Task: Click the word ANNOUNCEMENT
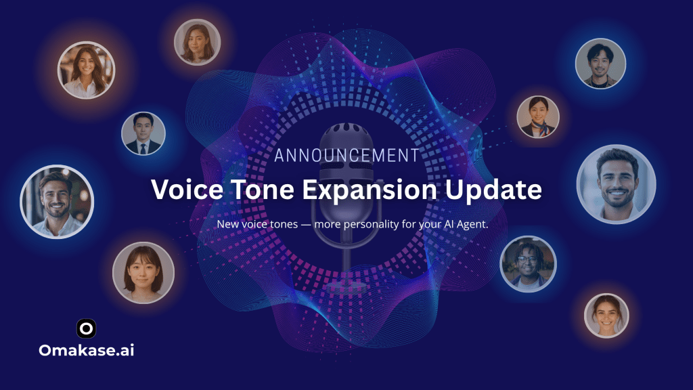(346, 155)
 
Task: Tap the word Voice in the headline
(187, 190)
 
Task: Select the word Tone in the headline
(263, 190)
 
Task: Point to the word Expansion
(370, 190)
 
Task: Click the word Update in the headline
(493, 190)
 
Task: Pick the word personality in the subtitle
(371, 225)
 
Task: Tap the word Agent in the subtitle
(472, 225)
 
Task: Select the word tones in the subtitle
(284, 224)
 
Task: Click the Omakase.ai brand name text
(86, 350)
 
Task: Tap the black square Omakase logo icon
(86, 328)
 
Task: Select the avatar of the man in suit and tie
(143, 133)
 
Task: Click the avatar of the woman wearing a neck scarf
(538, 116)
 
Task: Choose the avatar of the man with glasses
(528, 264)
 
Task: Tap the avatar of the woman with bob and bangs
(143, 273)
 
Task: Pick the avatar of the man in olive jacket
(600, 63)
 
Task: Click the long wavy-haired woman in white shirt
(86, 70)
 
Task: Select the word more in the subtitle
(327, 225)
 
